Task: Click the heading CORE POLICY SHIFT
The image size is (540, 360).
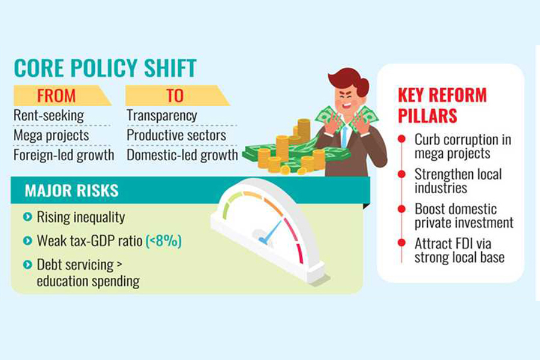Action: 106,68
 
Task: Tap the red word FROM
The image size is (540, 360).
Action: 56,96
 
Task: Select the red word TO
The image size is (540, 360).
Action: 175,96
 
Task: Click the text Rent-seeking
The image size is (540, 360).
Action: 49,116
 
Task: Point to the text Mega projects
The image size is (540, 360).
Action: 52,136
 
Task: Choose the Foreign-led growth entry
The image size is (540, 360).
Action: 64,155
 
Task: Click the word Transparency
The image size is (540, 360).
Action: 162,116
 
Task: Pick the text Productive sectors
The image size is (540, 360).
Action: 176,136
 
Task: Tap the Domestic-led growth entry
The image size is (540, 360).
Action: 182,155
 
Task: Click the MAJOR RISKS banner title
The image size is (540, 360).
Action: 71,191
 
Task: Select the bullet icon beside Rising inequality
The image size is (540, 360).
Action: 27,217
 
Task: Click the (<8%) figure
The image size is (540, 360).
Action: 164,241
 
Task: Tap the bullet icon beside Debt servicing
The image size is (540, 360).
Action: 27,265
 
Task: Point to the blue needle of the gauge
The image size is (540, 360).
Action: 271,232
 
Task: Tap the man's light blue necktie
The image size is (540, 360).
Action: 345,136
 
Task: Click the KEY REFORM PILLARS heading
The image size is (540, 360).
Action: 442,105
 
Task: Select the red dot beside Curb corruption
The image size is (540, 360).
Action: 401,139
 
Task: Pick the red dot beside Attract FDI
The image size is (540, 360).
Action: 401,242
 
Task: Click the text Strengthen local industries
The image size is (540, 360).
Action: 458,181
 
